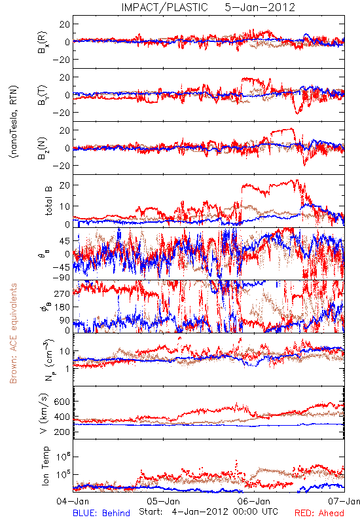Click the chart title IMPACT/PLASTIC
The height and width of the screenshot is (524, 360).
(164, 7)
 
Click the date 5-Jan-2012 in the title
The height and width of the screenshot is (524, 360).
(260, 7)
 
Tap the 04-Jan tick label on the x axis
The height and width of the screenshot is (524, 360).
(73, 501)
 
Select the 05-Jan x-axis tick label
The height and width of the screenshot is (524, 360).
(164, 501)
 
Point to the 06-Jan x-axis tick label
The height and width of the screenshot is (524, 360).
(254, 501)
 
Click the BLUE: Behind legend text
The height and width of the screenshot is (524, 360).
(101, 513)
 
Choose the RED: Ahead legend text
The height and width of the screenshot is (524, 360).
(319, 513)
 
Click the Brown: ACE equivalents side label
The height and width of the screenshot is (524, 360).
(13, 333)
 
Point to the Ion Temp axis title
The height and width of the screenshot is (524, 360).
(45, 466)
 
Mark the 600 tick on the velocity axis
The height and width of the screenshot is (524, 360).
(62, 402)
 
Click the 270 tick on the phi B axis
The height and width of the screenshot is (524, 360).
(62, 293)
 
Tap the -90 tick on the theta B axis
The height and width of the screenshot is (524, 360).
(61, 278)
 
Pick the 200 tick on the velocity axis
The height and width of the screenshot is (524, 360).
(62, 432)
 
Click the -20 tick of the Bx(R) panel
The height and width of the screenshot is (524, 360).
(61, 60)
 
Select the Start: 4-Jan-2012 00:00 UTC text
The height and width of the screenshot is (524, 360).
(208, 512)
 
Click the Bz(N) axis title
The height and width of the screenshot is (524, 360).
(43, 148)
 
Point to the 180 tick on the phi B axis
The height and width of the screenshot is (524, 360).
(62, 307)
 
